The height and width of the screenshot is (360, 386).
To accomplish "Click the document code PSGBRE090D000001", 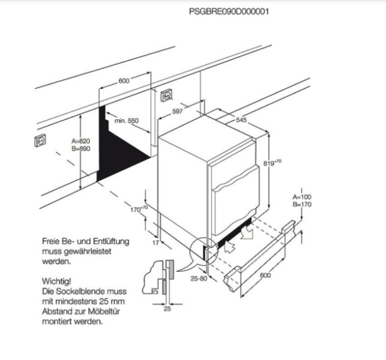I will (228, 11).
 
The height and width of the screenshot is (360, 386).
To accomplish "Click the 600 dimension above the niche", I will (124, 81).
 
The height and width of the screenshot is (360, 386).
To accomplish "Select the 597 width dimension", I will (177, 111).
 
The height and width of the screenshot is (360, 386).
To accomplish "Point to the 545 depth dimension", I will (241, 120).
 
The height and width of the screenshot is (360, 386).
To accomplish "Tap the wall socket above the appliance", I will (166, 95).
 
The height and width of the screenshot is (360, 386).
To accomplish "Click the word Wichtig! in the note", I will (57, 280).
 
